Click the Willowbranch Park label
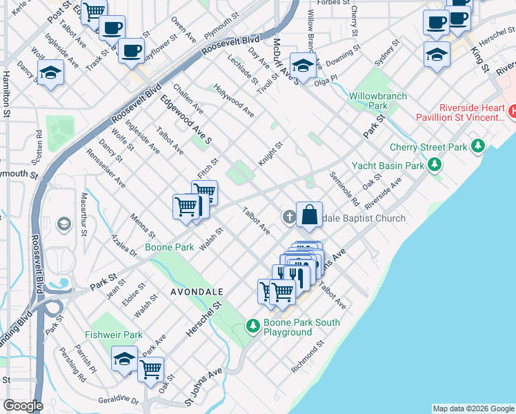tap(377, 101)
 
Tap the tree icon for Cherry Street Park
tap(477, 146)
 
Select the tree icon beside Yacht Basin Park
tap(434, 165)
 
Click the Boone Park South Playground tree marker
tap(253, 326)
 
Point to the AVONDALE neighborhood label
tap(196, 293)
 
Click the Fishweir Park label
tap(114, 335)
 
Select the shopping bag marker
tap(310, 214)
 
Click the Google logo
tap(22, 406)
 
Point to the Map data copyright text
tap(473, 408)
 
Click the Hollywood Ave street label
tap(234, 100)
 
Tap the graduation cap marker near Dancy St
tap(50, 73)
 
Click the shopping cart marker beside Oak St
tap(150, 368)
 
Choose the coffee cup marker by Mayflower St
tap(130, 50)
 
